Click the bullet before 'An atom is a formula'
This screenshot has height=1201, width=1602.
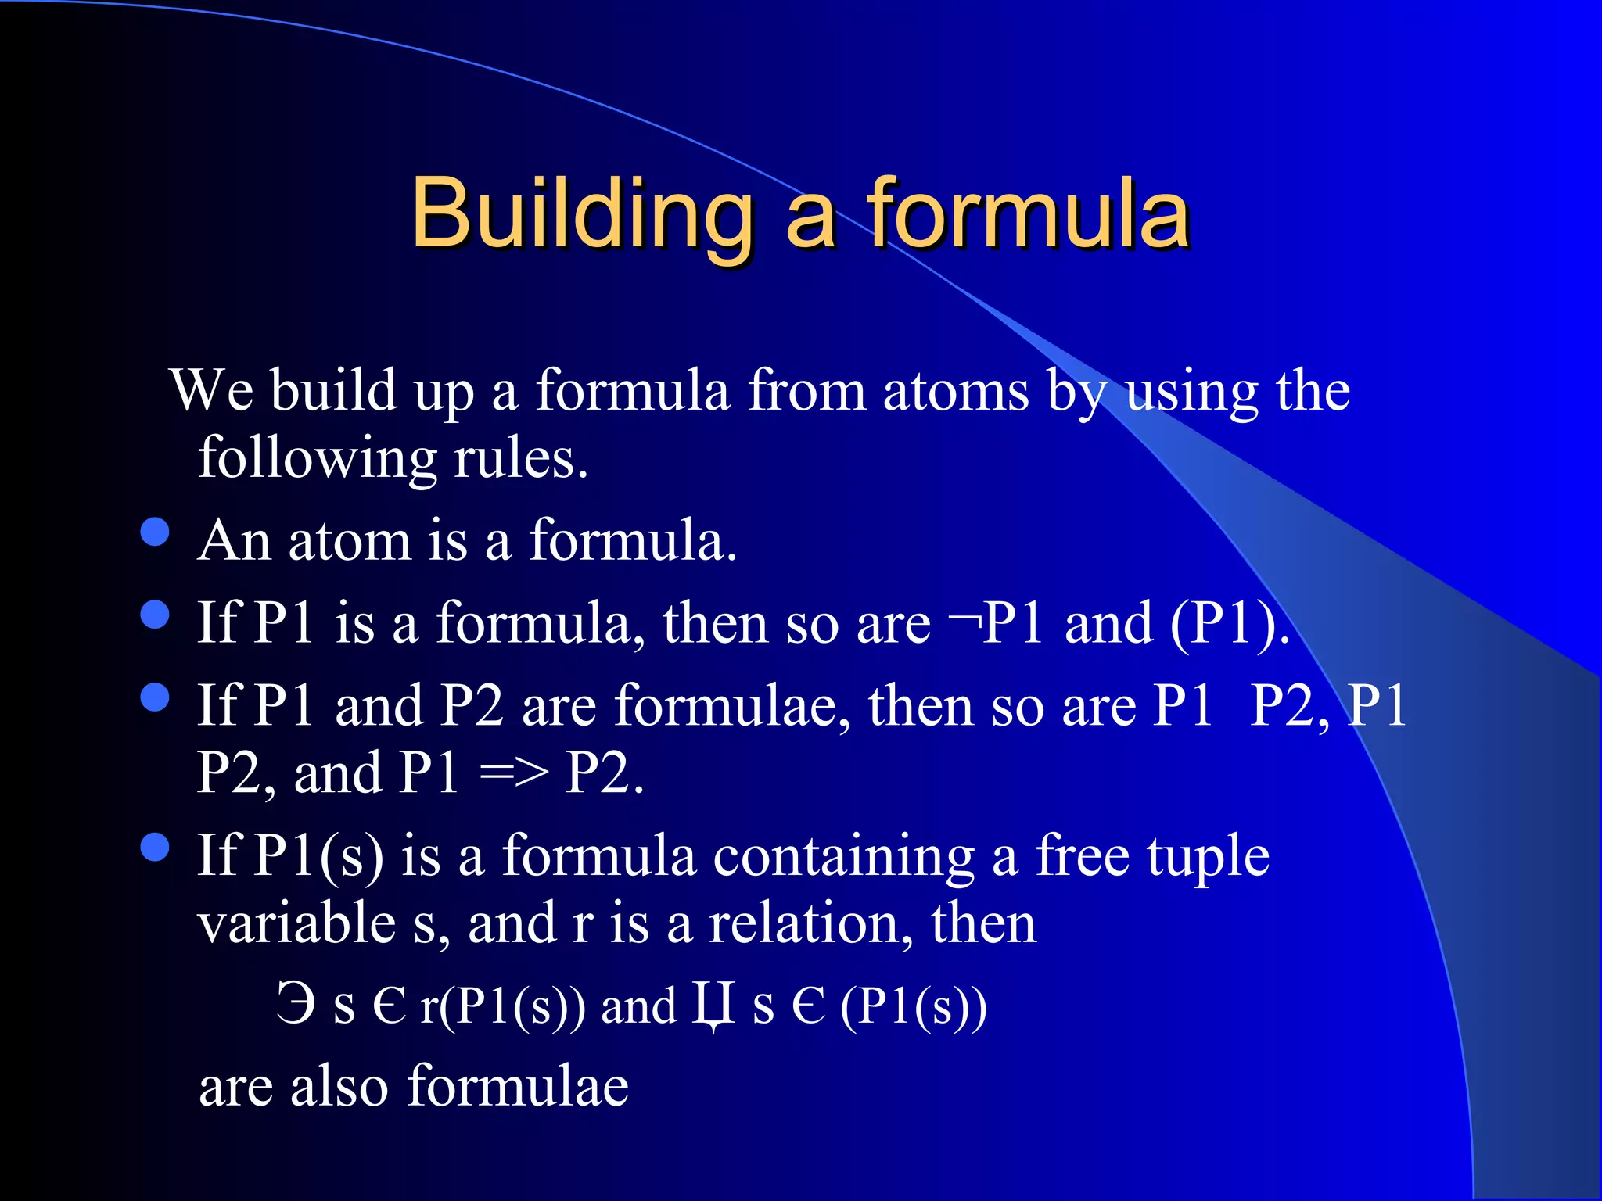click(x=155, y=532)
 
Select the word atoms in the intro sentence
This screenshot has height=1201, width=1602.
click(x=955, y=390)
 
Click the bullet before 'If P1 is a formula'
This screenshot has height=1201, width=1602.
click(x=155, y=615)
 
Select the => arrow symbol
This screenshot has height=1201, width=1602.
click(x=512, y=774)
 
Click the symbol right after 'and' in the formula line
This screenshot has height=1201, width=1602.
click(x=713, y=1006)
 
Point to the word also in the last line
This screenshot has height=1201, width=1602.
click(x=339, y=1087)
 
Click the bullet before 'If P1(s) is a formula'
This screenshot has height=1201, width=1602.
click(x=155, y=847)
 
